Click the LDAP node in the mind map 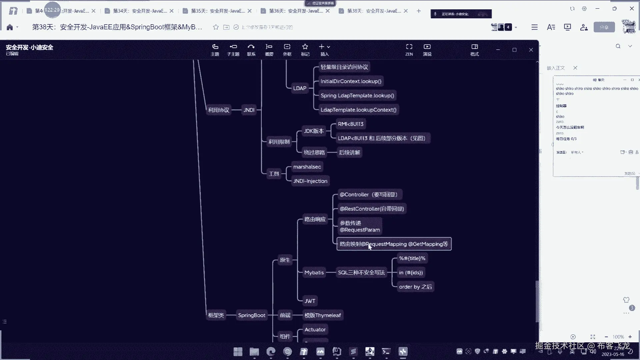299,88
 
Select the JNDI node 249,110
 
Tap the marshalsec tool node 307,167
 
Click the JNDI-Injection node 310,181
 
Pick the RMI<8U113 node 350,124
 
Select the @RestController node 371,209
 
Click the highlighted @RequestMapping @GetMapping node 394,244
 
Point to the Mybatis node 314,273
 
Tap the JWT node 310,301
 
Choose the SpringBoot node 252,315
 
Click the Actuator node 315,330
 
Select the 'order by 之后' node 415,287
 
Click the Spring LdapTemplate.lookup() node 357,96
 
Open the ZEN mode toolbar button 409,49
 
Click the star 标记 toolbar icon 305,49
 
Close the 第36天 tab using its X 328,11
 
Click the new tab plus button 419,11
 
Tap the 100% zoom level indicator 618,337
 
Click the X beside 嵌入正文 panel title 575,68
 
